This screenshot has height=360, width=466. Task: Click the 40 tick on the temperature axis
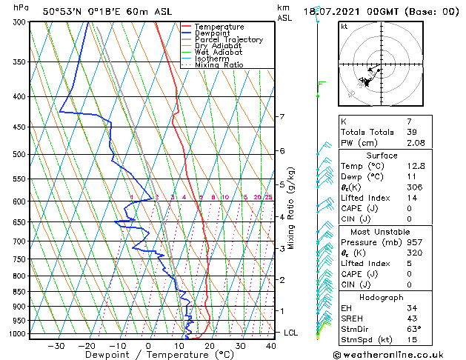tap(270, 346)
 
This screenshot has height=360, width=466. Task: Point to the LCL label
tap(290, 333)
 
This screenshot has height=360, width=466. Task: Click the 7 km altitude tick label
tap(282, 117)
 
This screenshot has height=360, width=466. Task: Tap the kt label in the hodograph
tap(344, 27)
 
